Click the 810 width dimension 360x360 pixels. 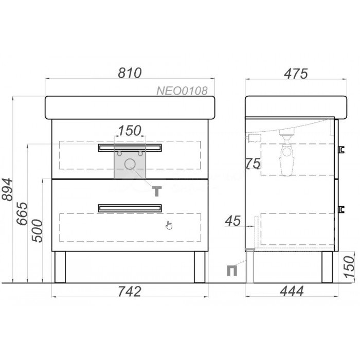coord(130,73)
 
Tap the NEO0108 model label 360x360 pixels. coord(182,91)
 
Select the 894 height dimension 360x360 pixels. coord(7,189)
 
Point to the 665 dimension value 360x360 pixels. coord(22,213)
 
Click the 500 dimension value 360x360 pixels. coord(37,231)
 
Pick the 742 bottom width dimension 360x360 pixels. coord(130,292)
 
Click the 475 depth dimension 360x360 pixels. coord(296,74)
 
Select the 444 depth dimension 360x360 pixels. coord(292,292)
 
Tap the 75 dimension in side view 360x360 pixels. coord(253,164)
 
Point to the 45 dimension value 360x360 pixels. coord(233,221)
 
